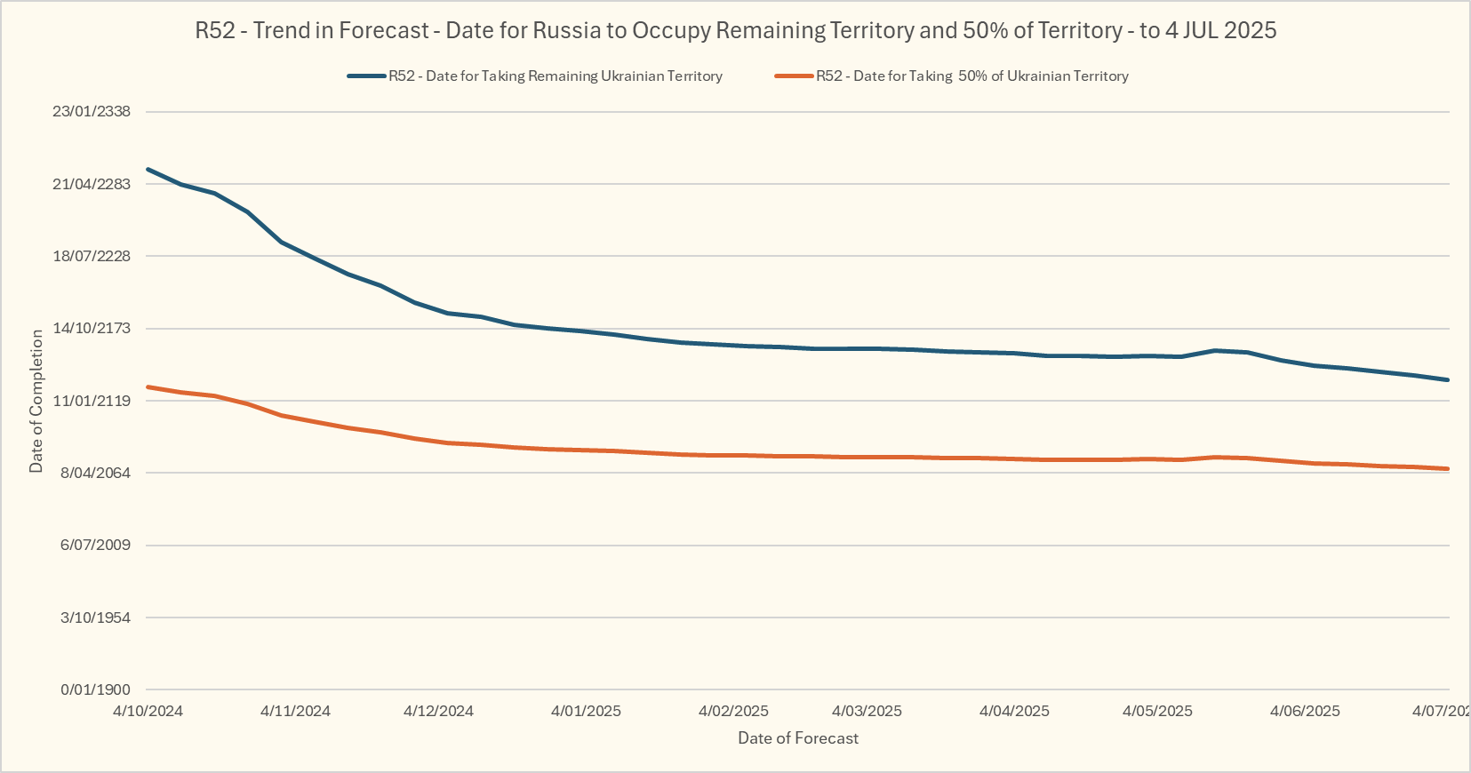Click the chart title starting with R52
click(735, 30)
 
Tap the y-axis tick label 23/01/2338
click(92, 111)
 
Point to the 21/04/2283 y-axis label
click(92, 184)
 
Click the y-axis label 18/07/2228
click(92, 256)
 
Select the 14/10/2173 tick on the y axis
click(92, 328)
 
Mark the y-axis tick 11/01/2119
click(92, 401)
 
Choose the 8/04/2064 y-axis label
click(95, 473)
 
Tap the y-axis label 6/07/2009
click(95, 545)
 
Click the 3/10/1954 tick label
click(95, 618)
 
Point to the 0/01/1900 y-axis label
click(95, 689)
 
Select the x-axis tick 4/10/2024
click(148, 711)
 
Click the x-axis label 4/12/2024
click(438, 711)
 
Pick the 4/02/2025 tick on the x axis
click(733, 711)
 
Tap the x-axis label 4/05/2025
click(1157, 711)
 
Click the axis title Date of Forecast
click(798, 738)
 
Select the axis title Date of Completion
click(36, 401)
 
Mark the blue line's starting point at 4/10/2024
click(148, 169)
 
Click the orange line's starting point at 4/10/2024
click(148, 386)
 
